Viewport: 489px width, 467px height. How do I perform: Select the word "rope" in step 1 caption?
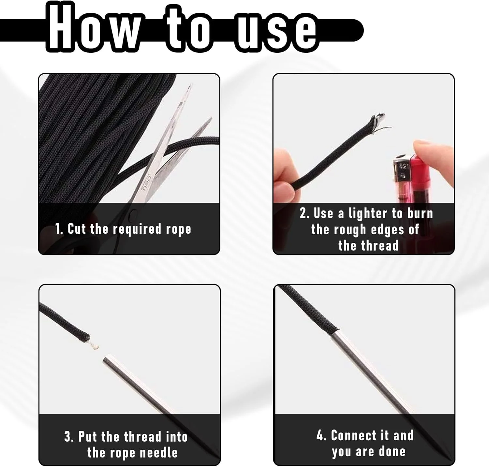pos(178,230)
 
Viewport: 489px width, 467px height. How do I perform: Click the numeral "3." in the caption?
pos(69,437)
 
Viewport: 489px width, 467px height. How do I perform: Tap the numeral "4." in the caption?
pos(321,435)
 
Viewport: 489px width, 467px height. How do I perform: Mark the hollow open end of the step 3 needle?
pos(107,360)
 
